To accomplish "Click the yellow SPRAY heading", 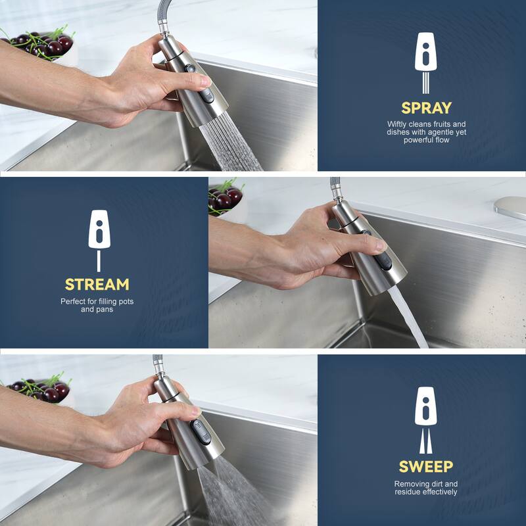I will click(426, 108).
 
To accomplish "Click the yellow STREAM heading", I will click(97, 285).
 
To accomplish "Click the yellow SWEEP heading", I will click(426, 467).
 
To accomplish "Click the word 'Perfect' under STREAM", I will click(74, 301).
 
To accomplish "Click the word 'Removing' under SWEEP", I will click(411, 484).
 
